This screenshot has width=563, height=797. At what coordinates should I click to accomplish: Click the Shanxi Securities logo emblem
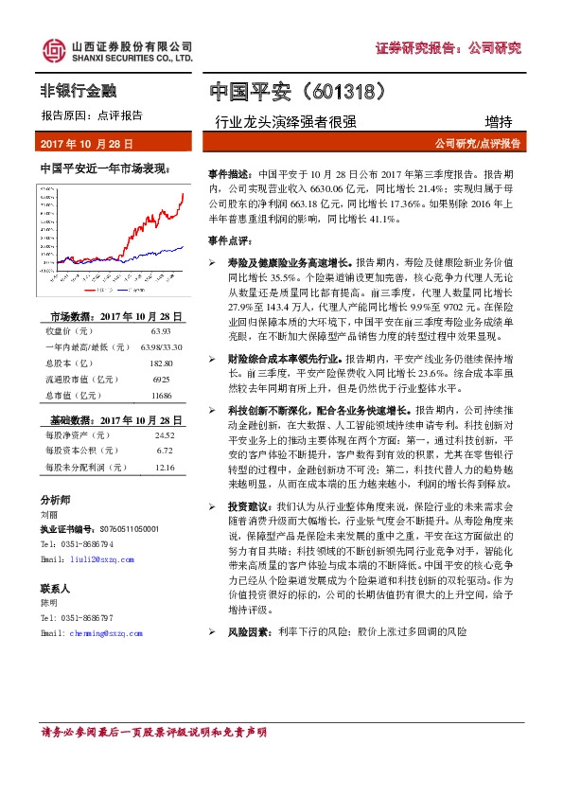[x=51, y=52]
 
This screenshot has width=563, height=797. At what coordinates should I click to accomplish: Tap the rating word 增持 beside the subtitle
[x=498, y=121]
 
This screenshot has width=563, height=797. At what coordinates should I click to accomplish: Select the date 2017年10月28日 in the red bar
[x=88, y=144]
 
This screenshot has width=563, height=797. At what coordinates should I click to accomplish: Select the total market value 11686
[x=161, y=368]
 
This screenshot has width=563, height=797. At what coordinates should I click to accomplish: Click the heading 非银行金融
[x=78, y=91]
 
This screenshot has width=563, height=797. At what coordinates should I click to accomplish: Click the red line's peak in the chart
[x=184, y=193]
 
